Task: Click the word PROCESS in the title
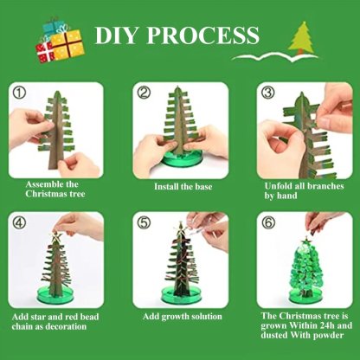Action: tap(203, 35)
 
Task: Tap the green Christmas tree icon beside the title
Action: tap(301, 37)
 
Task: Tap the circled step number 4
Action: tap(21, 222)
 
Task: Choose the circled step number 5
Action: tap(144, 222)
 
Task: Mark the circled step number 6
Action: tap(267, 222)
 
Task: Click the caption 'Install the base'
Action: tap(180, 186)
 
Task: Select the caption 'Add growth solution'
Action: tap(180, 317)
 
